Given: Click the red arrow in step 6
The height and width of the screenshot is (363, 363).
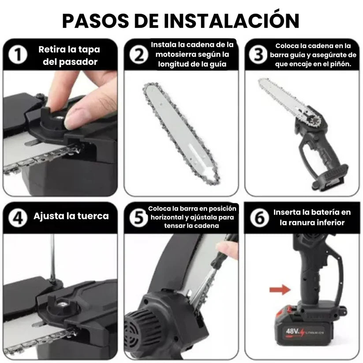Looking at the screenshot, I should tap(279, 290).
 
